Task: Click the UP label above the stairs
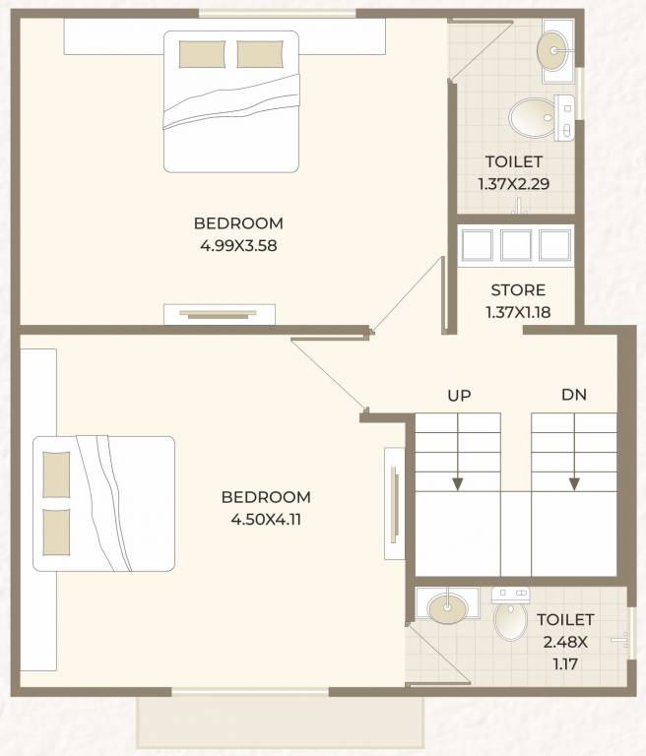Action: (459, 396)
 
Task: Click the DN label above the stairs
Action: (574, 396)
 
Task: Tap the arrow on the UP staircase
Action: (458, 481)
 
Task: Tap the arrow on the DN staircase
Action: (574, 481)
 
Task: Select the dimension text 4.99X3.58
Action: (238, 246)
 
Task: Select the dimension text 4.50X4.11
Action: (266, 520)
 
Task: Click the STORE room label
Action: (518, 290)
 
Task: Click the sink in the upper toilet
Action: (554, 45)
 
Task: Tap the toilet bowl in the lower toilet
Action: (510, 619)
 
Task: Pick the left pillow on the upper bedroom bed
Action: (202, 54)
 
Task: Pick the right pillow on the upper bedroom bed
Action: (260, 54)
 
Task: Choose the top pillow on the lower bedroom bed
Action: (57, 474)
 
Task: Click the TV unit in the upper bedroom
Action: (220, 315)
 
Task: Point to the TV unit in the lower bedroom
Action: (394, 497)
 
